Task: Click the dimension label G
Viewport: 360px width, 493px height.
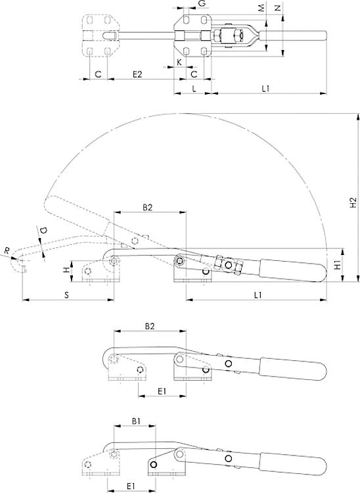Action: tap(202, 4)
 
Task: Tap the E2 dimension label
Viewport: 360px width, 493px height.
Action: tap(138, 74)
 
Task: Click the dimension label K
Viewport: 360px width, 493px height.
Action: tap(179, 62)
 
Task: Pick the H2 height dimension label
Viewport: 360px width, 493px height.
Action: tap(353, 203)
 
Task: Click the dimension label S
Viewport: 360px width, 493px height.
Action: tap(67, 295)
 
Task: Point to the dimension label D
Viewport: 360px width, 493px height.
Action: tap(43, 231)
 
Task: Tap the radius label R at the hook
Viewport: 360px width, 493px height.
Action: tap(7, 250)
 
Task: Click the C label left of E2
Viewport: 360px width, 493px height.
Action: tap(97, 74)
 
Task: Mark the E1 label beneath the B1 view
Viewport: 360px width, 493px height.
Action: tap(130, 486)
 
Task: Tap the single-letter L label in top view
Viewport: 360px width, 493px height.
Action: tap(193, 88)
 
